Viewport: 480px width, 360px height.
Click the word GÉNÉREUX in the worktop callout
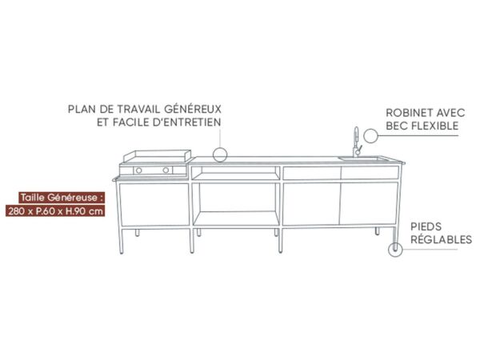(193, 109)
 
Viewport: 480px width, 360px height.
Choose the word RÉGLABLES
(441, 239)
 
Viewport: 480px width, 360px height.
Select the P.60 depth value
(46, 211)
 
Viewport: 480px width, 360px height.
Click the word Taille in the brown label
(32, 198)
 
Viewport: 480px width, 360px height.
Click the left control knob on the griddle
(138, 170)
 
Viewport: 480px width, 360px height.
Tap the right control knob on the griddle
(166, 170)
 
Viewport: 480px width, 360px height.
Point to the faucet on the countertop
(357, 142)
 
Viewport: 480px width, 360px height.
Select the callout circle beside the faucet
(363, 135)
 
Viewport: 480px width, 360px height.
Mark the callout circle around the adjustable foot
(389, 250)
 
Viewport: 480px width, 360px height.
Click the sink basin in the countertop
(363, 158)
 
